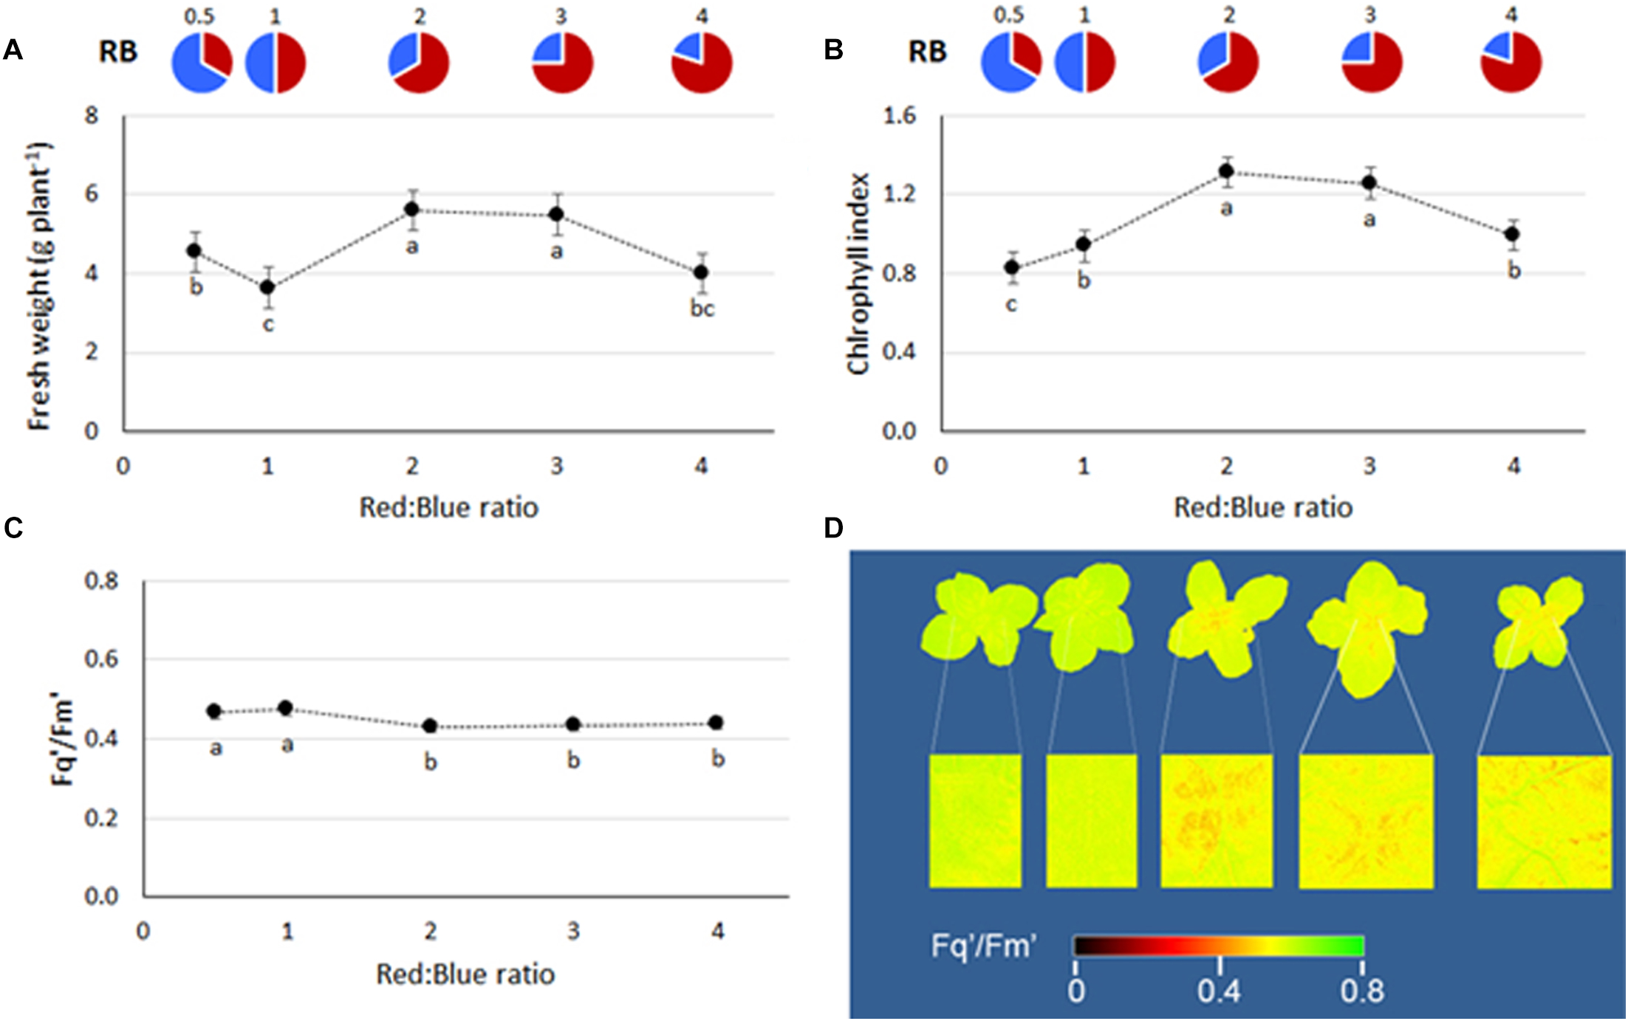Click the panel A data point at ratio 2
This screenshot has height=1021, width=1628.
(x=412, y=210)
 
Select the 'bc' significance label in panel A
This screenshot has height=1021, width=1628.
(x=702, y=309)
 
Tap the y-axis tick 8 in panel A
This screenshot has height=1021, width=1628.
(x=92, y=116)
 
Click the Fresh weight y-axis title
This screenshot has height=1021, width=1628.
(x=39, y=286)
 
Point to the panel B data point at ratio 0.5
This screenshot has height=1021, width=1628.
(x=1012, y=267)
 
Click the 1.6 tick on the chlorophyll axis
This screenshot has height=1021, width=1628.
(x=899, y=116)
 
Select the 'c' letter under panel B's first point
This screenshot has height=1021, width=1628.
(x=1011, y=304)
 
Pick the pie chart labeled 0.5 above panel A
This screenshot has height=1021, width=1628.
(x=202, y=63)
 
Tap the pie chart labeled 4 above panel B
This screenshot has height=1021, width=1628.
(x=1511, y=63)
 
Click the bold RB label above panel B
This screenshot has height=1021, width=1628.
(x=927, y=52)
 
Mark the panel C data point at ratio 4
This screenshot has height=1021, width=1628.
(x=715, y=723)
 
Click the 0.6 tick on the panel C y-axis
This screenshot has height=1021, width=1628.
(x=101, y=659)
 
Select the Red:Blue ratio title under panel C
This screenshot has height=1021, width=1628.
(x=465, y=974)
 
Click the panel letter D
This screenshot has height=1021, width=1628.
(x=833, y=528)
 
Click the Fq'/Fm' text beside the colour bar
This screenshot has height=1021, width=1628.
(x=984, y=946)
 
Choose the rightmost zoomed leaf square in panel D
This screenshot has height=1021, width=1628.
(x=1544, y=821)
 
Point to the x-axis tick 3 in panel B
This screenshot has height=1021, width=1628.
(x=1369, y=467)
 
